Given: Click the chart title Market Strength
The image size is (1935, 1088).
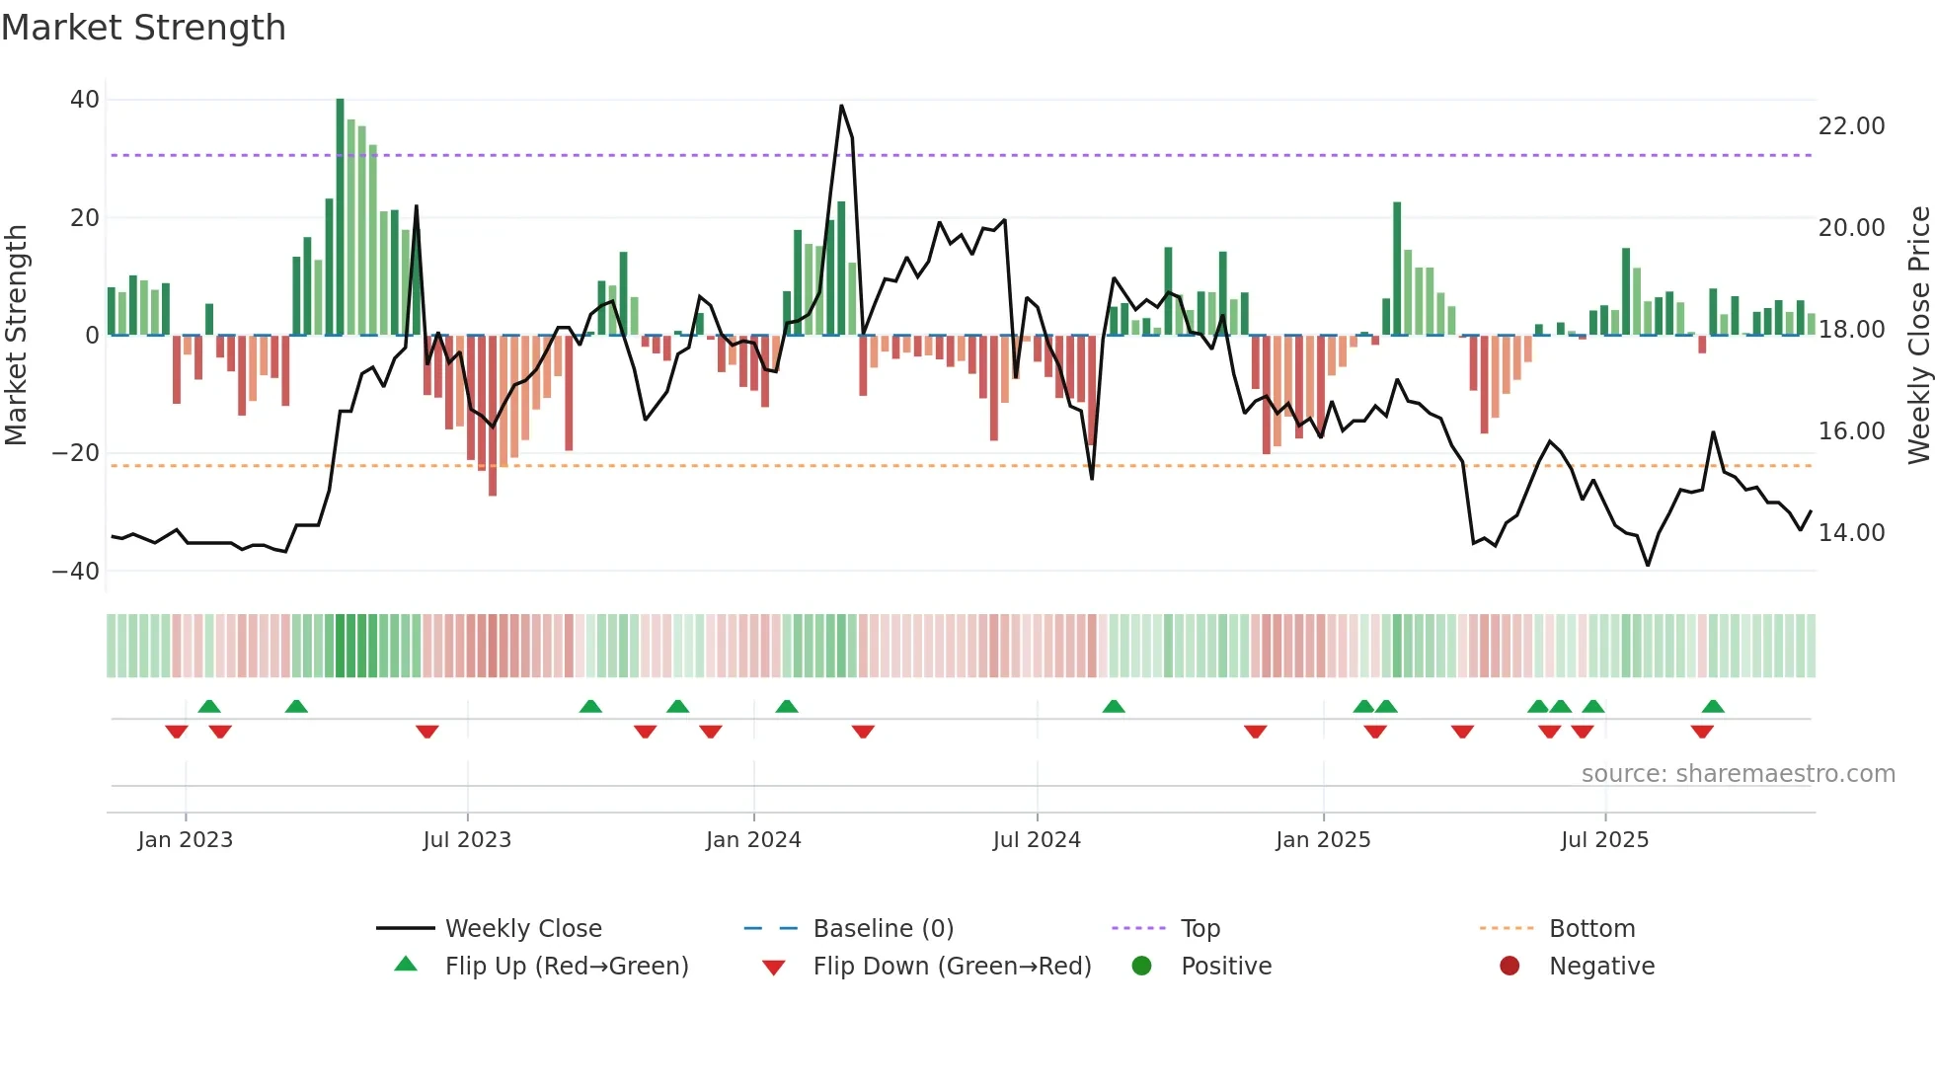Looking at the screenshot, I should (x=143, y=28).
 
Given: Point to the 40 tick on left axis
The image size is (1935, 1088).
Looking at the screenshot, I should (x=85, y=100).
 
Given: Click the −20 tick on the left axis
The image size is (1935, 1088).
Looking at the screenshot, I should (x=76, y=453).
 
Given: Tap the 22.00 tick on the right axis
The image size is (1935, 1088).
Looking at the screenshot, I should (x=1851, y=126).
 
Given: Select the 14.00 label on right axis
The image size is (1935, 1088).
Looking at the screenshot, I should (x=1851, y=533).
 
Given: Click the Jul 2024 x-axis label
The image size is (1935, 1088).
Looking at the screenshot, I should (x=1037, y=840).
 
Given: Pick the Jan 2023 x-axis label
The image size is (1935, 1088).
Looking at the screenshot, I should (x=186, y=840).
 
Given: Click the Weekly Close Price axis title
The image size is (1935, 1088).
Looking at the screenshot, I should (x=1918, y=336).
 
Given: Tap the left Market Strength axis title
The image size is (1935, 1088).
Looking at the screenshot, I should (x=16, y=336).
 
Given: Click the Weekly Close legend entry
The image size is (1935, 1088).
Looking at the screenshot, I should (x=523, y=929).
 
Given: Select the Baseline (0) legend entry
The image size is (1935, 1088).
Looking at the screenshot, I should (x=883, y=929).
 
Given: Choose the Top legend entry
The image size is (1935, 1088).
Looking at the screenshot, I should (x=1200, y=929).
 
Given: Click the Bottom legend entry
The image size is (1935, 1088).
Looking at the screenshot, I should (x=1591, y=929).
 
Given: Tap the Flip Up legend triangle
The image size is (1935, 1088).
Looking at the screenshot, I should (x=406, y=965).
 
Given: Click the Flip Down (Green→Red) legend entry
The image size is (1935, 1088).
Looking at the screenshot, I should (x=952, y=967).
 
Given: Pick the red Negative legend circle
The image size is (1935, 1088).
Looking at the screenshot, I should (x=1509, y=966).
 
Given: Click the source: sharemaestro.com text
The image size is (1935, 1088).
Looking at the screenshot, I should (x=1738, y=774).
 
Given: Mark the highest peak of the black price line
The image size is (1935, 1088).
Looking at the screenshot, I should (x=841, y=106).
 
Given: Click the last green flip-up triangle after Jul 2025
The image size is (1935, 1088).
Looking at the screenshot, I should (x=1713, y=707).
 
